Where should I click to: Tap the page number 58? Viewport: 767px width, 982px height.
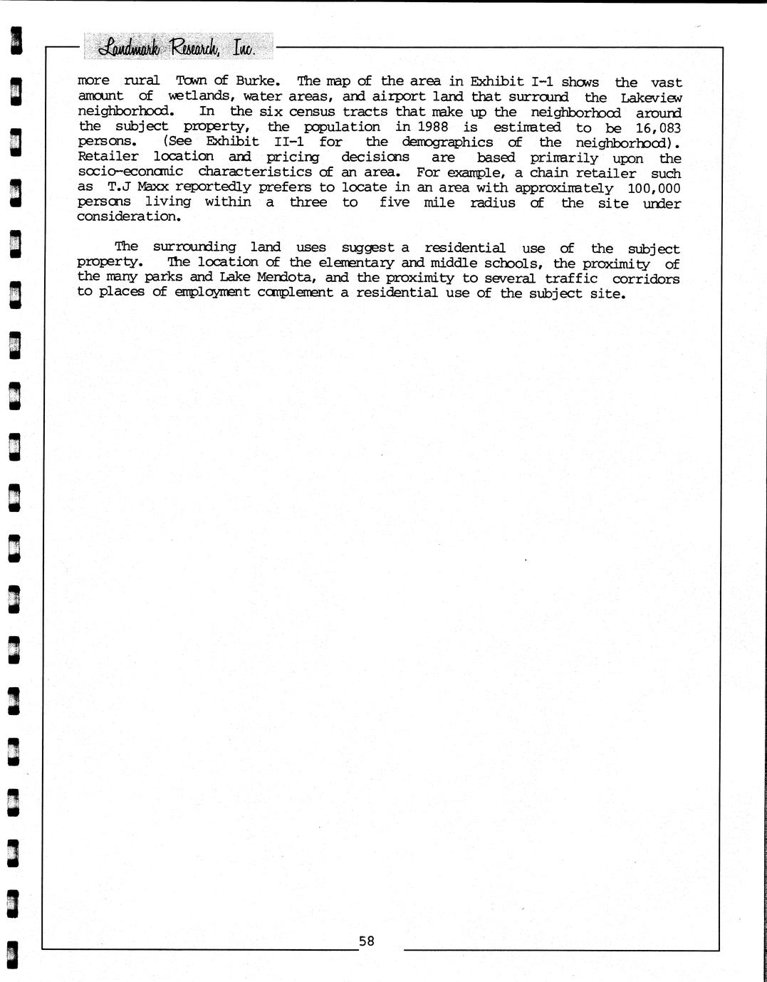click(x=366, y=941)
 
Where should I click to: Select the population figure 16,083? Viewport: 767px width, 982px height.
click(x=657, y=128)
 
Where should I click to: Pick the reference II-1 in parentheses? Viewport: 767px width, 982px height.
click(x=289, y=142)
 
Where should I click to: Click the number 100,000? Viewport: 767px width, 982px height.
click(x=654, y=188)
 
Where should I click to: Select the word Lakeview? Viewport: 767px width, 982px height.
click(x=650, y=98)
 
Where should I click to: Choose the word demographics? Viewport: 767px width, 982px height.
click(x=447, y=142)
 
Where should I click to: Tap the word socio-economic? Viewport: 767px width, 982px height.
click(x=130, y=172)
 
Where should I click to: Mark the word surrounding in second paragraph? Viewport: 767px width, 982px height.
click(x=194, y=247)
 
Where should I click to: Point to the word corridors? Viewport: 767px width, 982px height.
click(x=645, y=278)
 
